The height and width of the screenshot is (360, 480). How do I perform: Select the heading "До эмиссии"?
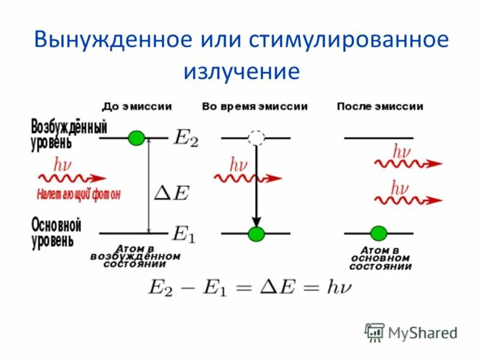(x=137, y=106)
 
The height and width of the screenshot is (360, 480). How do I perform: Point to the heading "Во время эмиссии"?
(x=255, y=106)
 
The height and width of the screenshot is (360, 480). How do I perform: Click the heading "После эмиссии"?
(x=380, y=106)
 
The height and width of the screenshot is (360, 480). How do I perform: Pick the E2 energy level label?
(x=185, y=137)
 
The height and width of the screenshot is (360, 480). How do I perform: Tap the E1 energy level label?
(x=184, y=233)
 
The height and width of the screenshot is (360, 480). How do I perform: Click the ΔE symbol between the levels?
(x=172, y=192)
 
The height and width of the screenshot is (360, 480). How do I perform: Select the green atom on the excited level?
(x=137, y=138)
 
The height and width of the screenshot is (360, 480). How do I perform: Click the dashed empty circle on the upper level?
(x=256, y=138)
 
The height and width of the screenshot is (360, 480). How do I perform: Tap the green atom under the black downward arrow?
(x=256, y=233)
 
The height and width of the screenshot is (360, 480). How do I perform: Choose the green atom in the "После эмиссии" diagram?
(x=379, y=233)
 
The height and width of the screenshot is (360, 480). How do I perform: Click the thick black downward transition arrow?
(x=256, y=186)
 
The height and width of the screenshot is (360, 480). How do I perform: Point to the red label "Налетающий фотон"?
(x=79, y=194)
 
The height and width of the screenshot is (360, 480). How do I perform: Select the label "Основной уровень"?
(x=55, y=233)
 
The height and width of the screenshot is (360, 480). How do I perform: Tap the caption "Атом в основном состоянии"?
(x=380, y=258)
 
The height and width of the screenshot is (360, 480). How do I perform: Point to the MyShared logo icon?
(x=375, y=331)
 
